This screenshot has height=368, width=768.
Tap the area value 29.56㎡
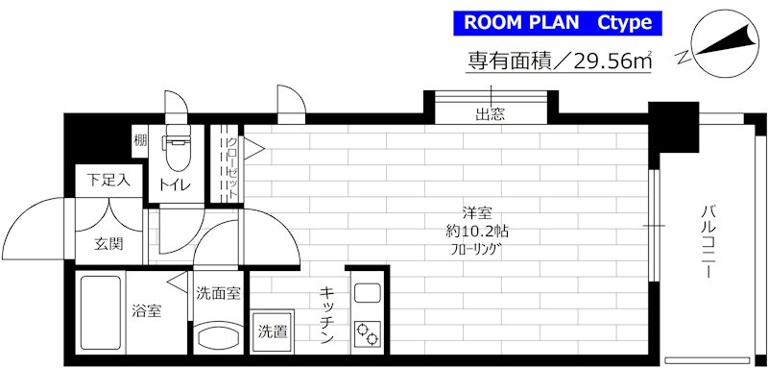[601, 61]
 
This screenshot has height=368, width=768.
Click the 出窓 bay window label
[491, 115]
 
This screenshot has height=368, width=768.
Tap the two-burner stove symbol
[367, 333]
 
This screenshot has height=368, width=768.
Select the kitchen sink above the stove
[367, 293]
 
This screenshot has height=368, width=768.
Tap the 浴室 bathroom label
[146, 310]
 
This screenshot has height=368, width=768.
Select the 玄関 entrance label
[108, 244]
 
